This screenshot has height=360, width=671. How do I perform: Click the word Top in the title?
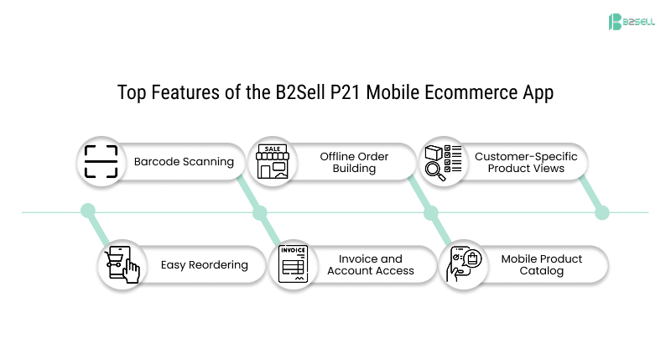point(132,92)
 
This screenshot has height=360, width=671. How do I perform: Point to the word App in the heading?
point(538,92)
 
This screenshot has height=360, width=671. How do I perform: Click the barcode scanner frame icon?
point(101,161)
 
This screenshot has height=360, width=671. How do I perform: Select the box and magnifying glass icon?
point(441,161)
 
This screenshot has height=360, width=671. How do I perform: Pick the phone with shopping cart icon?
point(122,264)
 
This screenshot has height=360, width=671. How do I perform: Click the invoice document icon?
point(294,264)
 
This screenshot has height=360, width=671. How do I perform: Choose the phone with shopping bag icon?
point(464,264)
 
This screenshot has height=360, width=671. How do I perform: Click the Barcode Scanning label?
point(184,161)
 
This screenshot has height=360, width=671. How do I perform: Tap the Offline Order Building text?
point(353,162)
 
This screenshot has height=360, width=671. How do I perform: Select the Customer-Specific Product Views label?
point(526,162)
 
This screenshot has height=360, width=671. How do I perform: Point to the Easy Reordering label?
point(205,264)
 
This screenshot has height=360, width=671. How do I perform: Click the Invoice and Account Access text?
point(371,264)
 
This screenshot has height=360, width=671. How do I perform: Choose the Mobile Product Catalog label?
point(542,264)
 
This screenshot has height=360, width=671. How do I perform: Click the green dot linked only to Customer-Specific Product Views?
point(601,213)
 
